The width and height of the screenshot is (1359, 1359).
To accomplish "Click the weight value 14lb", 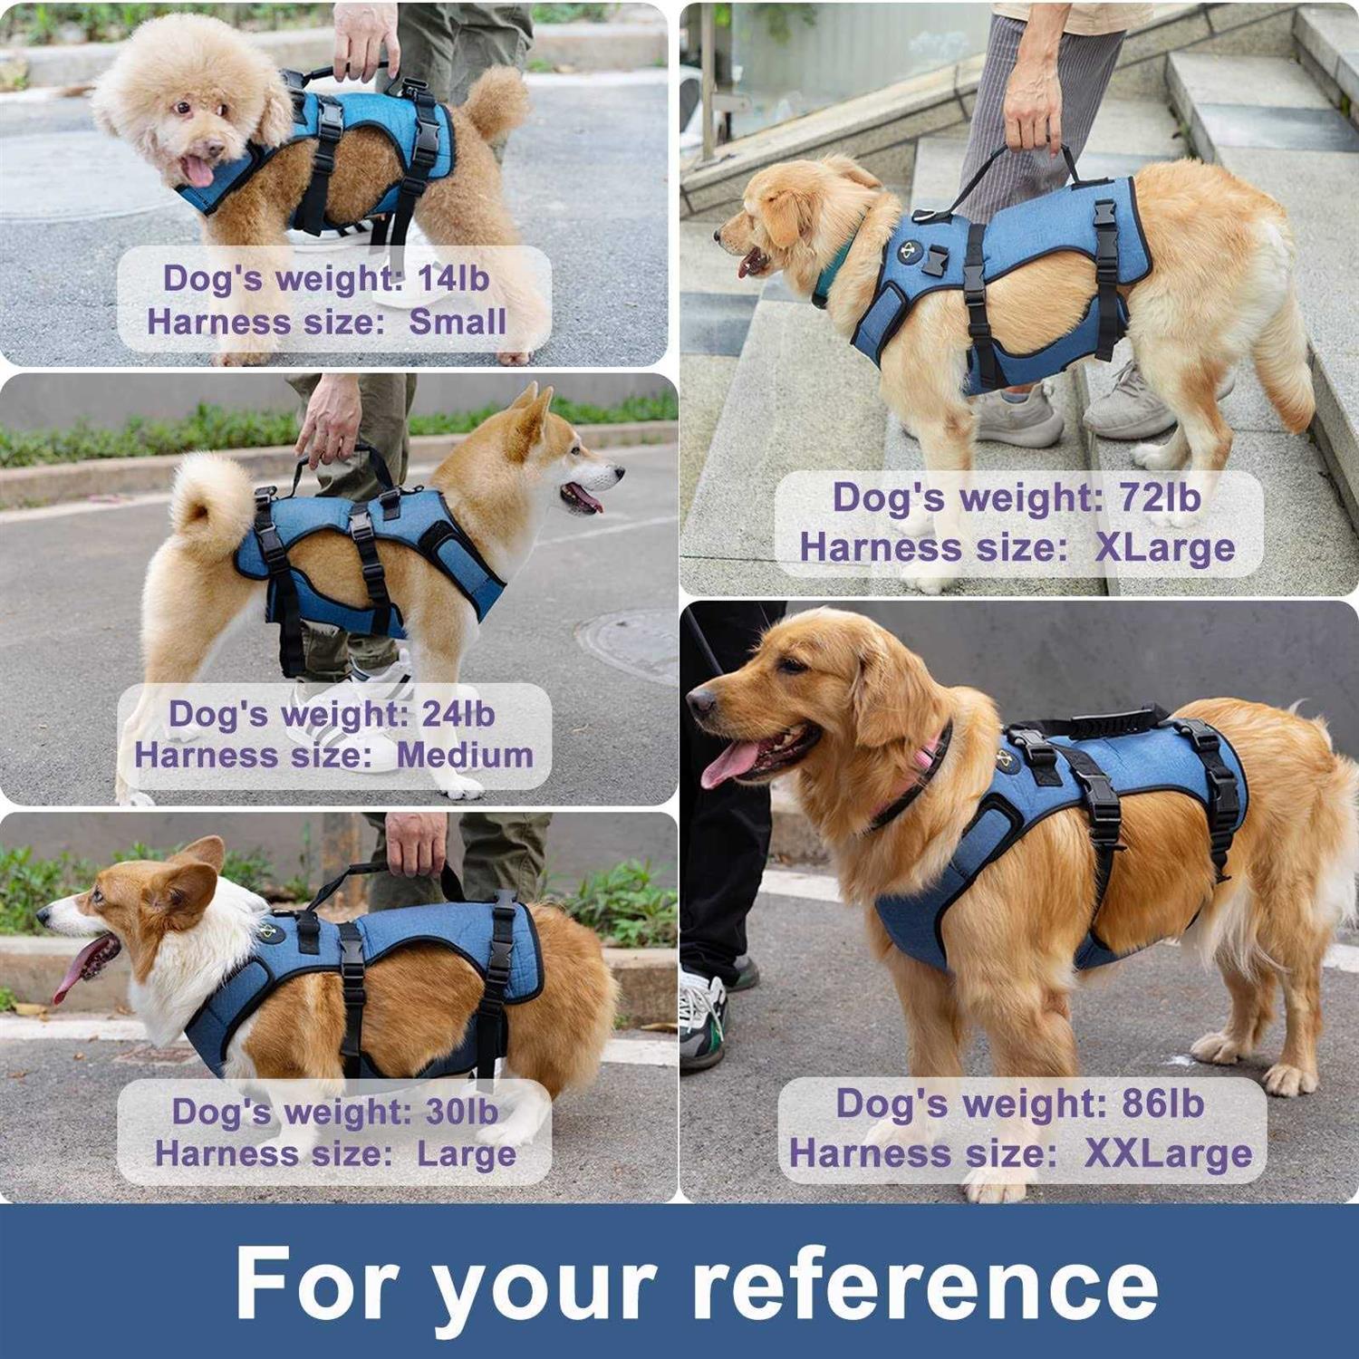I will click(453, 278).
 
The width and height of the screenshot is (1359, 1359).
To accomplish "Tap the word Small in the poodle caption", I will click(458, 322).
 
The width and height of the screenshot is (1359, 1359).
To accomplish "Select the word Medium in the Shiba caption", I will click(465, 755).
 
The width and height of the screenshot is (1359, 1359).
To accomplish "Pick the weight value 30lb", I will click(461, 1112).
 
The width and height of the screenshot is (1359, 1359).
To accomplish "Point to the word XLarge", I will click(1164, 547).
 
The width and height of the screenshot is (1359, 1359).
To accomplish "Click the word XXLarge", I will click(1168, 1153).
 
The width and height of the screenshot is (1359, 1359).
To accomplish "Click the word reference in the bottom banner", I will click(924, 1285).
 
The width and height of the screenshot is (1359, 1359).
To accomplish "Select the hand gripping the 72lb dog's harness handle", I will click(1033, 113).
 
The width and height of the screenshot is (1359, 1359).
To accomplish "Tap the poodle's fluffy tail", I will click(494, 100).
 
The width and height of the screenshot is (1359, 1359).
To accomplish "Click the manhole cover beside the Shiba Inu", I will click(630, 642).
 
